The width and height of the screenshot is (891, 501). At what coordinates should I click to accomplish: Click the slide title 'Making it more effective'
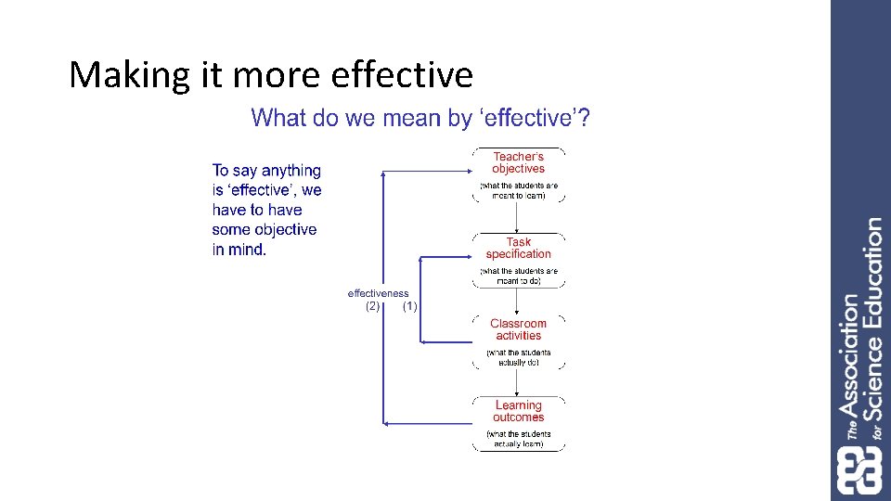click(270, 74)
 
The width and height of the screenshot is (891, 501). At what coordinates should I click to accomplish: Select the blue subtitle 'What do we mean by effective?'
click(421, 119)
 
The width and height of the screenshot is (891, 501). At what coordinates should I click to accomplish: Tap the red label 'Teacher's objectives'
click(518, 163)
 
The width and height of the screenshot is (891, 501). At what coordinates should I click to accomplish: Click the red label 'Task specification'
click(518, 248)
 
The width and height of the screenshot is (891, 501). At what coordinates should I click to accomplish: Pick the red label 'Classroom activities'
click(518, 329)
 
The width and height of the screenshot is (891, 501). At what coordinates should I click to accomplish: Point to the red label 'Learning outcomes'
click(518, 411)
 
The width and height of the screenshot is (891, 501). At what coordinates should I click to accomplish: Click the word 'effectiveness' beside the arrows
click(378, 294)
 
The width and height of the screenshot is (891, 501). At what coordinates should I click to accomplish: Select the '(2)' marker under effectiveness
click(372, 306)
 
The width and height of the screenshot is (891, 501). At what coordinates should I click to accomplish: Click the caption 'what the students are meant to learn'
click(518, 190)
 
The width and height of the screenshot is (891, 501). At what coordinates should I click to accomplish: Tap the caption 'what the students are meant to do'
click(518, 276)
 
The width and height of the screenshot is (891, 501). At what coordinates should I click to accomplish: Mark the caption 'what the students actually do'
click(518, 357)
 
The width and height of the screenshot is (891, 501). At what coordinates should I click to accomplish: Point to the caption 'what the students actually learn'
click(518, 439)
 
